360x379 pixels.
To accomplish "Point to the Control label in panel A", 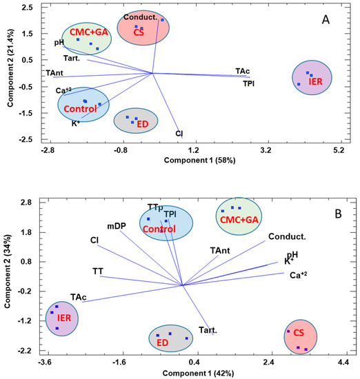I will [81, 110].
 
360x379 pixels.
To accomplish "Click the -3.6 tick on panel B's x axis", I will [45, 362].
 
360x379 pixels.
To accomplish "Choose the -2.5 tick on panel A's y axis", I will [28, 139].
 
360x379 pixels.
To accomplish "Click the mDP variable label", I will [117, 225].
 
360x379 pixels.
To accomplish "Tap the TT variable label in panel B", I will [98, 271].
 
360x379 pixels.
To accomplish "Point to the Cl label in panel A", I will [179, 133].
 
